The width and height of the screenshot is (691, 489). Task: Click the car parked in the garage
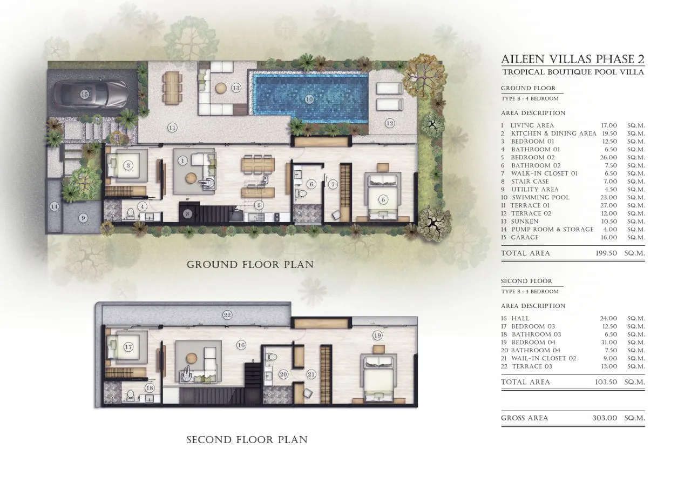[x=90, y=93]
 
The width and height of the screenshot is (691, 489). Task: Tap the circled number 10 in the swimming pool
[x=309, y=99]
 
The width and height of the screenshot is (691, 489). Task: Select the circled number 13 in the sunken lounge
[x=236, y=88]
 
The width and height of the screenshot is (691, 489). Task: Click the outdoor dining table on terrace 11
[x=172, y=88]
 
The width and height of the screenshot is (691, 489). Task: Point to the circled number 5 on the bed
[x=383, y=200]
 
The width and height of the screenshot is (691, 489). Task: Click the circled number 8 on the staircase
[x=187, y=213]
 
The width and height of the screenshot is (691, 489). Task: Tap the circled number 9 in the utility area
[x=83, y=218]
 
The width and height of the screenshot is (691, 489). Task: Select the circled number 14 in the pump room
[x=55, y=206]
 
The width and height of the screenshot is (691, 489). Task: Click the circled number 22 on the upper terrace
[x=227, y=315]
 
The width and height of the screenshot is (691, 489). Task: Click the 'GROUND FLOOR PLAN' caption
[x=250, y=265]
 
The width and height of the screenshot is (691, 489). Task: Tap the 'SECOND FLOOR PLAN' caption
[x=247, y=440]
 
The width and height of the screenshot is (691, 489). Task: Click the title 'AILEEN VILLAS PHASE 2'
[x=573, y=59]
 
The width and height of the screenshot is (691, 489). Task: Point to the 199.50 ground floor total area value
[x=606, y=253]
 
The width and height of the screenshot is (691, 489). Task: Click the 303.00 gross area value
[x=605, y=418]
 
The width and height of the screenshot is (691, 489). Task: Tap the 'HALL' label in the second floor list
[x=520, y=318]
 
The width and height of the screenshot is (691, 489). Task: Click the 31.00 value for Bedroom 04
[x=608, y=343]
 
